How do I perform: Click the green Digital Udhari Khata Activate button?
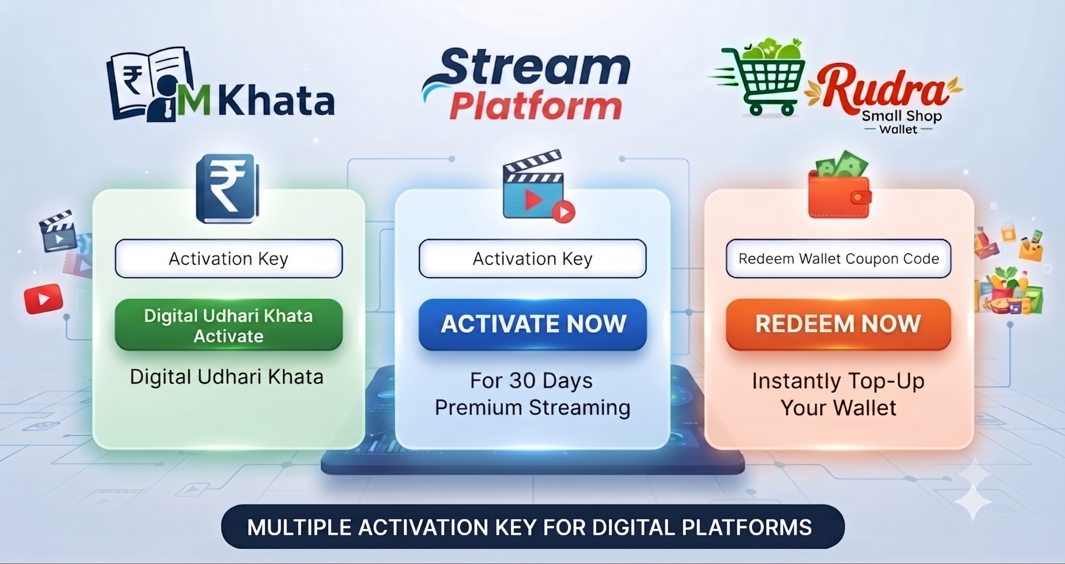[x=229, y=325]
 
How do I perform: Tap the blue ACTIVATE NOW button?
[x=532, y=324]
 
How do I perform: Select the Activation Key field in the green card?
[x=229, y=258]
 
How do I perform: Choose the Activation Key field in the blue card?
[x=532, y=258]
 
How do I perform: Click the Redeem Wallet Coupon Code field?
[x=838, y=258]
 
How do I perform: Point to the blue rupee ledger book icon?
[x=228, y=189]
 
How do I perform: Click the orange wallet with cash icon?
[x=840, y=185]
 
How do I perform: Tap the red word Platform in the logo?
[x=536, y=106]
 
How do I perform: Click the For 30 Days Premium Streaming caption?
[x=532, y=394]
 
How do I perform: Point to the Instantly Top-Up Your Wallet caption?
[x=838, y=394]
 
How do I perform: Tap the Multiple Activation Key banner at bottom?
[x=532, y=527]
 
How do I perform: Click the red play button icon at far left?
[x=44, y=298]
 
